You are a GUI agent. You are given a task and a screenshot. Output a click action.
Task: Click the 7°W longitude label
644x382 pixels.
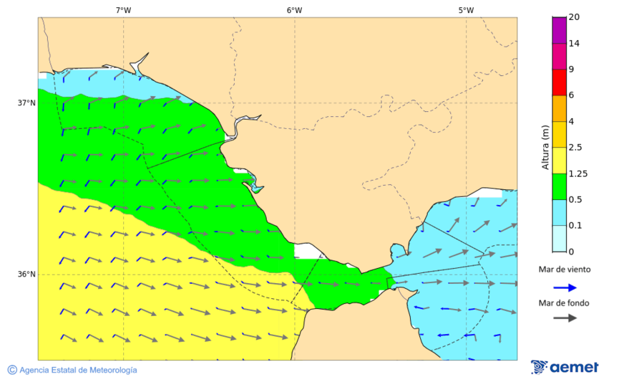[x=123, y=10]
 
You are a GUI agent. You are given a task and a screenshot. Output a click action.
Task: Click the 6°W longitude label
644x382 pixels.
[x=294, y=10]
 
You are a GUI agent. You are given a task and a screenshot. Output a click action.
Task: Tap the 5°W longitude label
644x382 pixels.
[x=466, y=10]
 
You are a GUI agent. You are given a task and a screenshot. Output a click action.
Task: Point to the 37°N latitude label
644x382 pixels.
[x=26, y=102]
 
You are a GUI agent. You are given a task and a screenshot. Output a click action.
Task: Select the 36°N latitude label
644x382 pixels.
[x=26, y=274]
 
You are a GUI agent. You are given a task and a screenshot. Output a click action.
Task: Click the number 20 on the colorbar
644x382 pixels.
[x=574, y=17]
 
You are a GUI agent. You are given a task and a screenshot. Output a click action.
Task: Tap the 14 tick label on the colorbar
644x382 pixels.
[x=574, y=44]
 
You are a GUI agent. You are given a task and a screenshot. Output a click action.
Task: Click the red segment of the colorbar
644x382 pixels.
[x=559, y=82]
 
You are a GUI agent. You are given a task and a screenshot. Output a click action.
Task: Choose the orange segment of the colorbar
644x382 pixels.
[x=559, y=108]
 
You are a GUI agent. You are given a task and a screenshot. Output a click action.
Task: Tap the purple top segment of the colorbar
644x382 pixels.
[x=559, y=30]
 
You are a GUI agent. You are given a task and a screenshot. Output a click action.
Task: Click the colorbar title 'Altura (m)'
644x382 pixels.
[x=545, y=148]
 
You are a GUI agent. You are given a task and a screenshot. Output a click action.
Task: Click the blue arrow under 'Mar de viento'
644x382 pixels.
[x=565, y=287]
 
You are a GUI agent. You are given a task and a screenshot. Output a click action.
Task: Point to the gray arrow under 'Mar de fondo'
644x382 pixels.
[x=565, y=317]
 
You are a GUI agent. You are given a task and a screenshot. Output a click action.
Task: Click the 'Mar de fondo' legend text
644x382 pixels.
[x=565, y=302]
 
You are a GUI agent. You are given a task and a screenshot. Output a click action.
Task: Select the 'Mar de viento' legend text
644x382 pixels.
[x=565, y=269]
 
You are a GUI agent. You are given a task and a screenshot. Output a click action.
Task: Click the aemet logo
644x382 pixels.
[x=565, y=367]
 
